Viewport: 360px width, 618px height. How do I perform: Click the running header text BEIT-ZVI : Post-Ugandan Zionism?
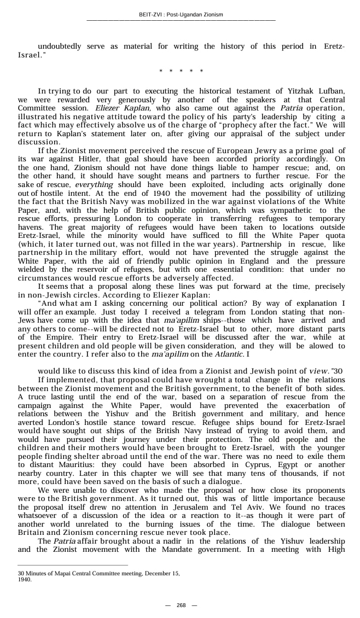click(181, 15)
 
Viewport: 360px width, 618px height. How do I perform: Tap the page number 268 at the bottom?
click(181, 605)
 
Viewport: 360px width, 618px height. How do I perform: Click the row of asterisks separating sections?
click(181, 71)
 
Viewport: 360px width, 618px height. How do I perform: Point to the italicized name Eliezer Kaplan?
click(118, 108)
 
